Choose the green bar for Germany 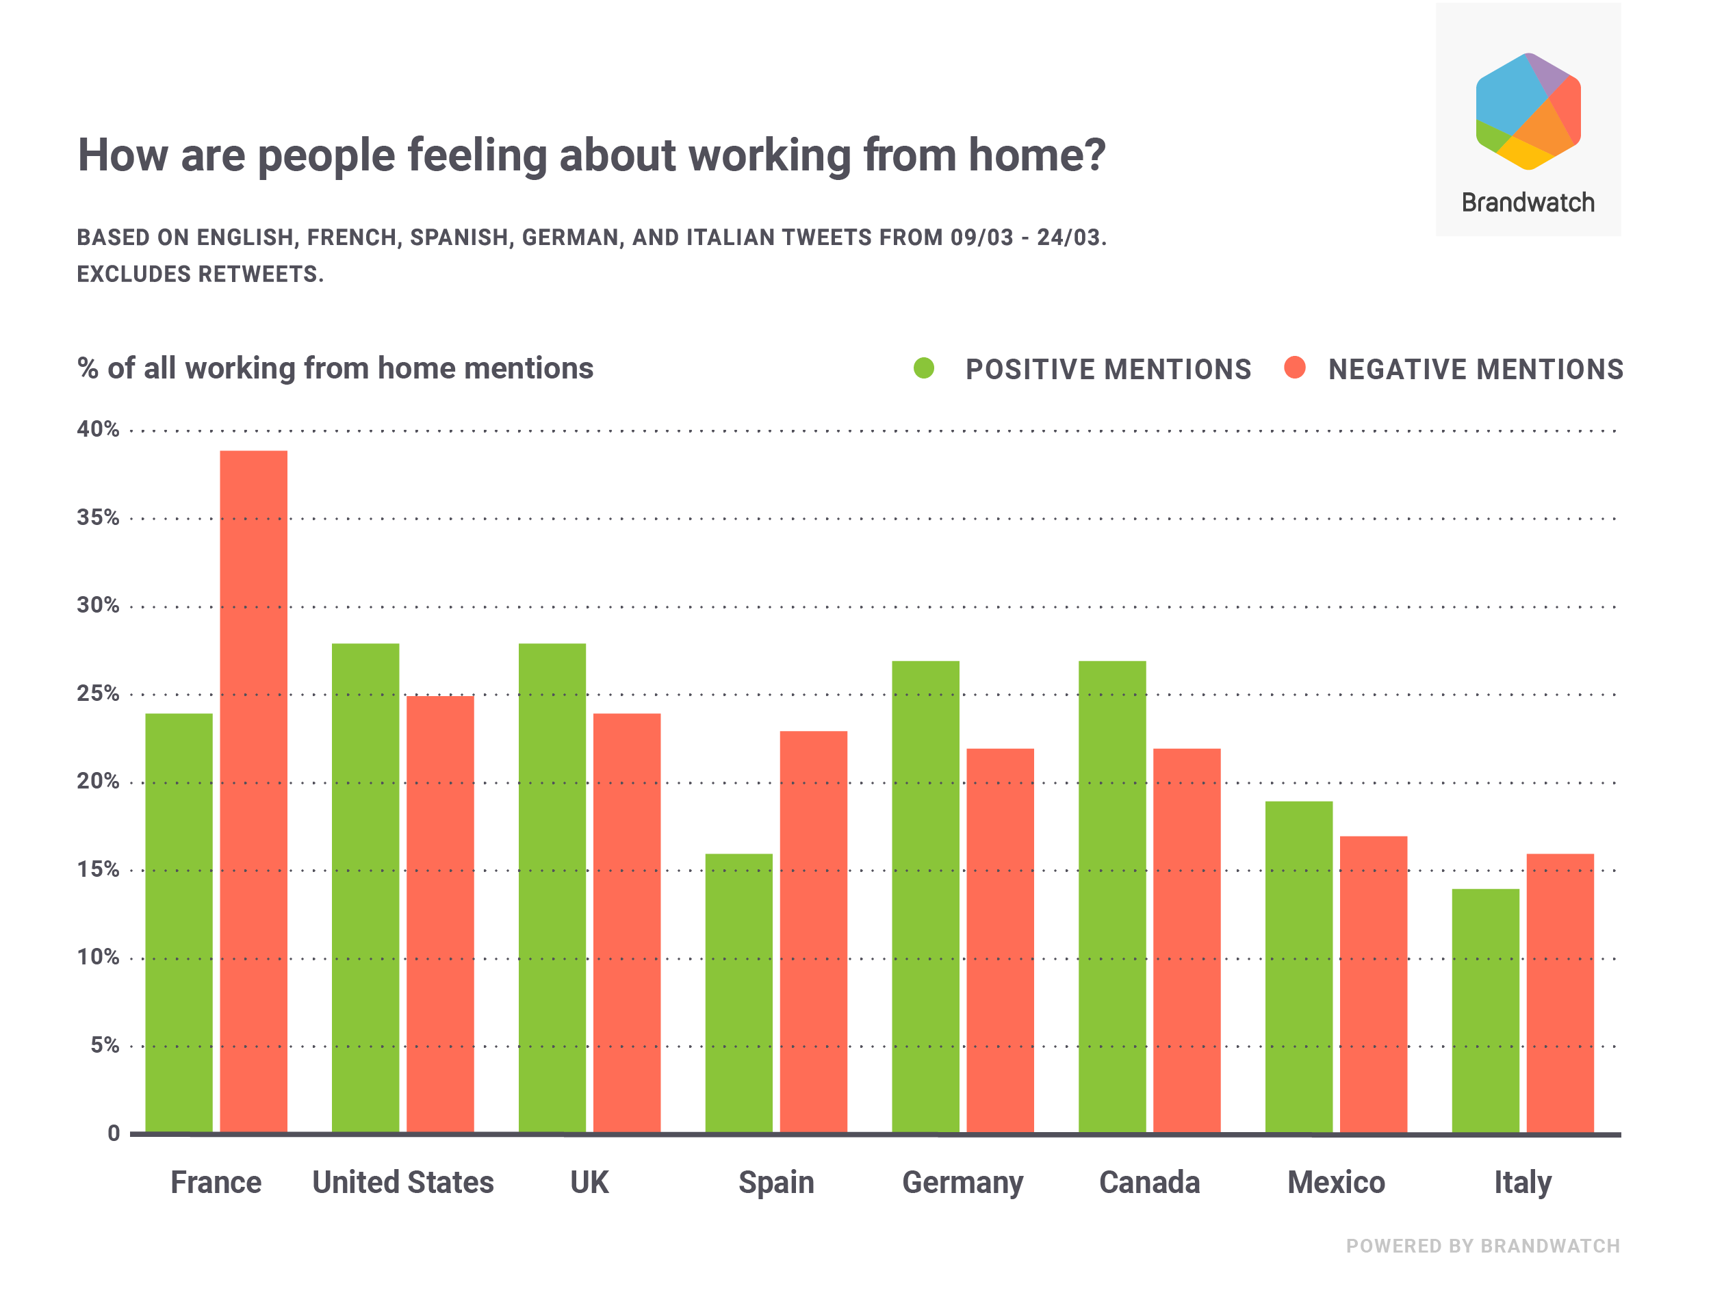coord(925,897)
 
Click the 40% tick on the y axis coord(99,429)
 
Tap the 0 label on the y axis coord(114,1133)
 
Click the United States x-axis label coord(403,1183)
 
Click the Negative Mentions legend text coord(1475,370)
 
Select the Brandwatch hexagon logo coord(1528,112)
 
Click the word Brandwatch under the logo coord(1528,203)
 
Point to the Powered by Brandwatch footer coord(1483,1246)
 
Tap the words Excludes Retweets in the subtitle coord(201,274)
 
